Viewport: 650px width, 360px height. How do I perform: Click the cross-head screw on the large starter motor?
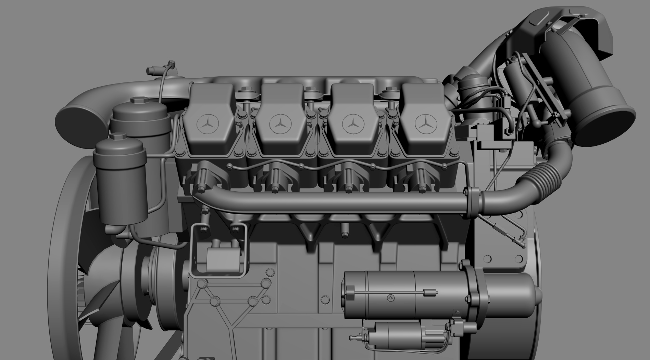391,298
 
